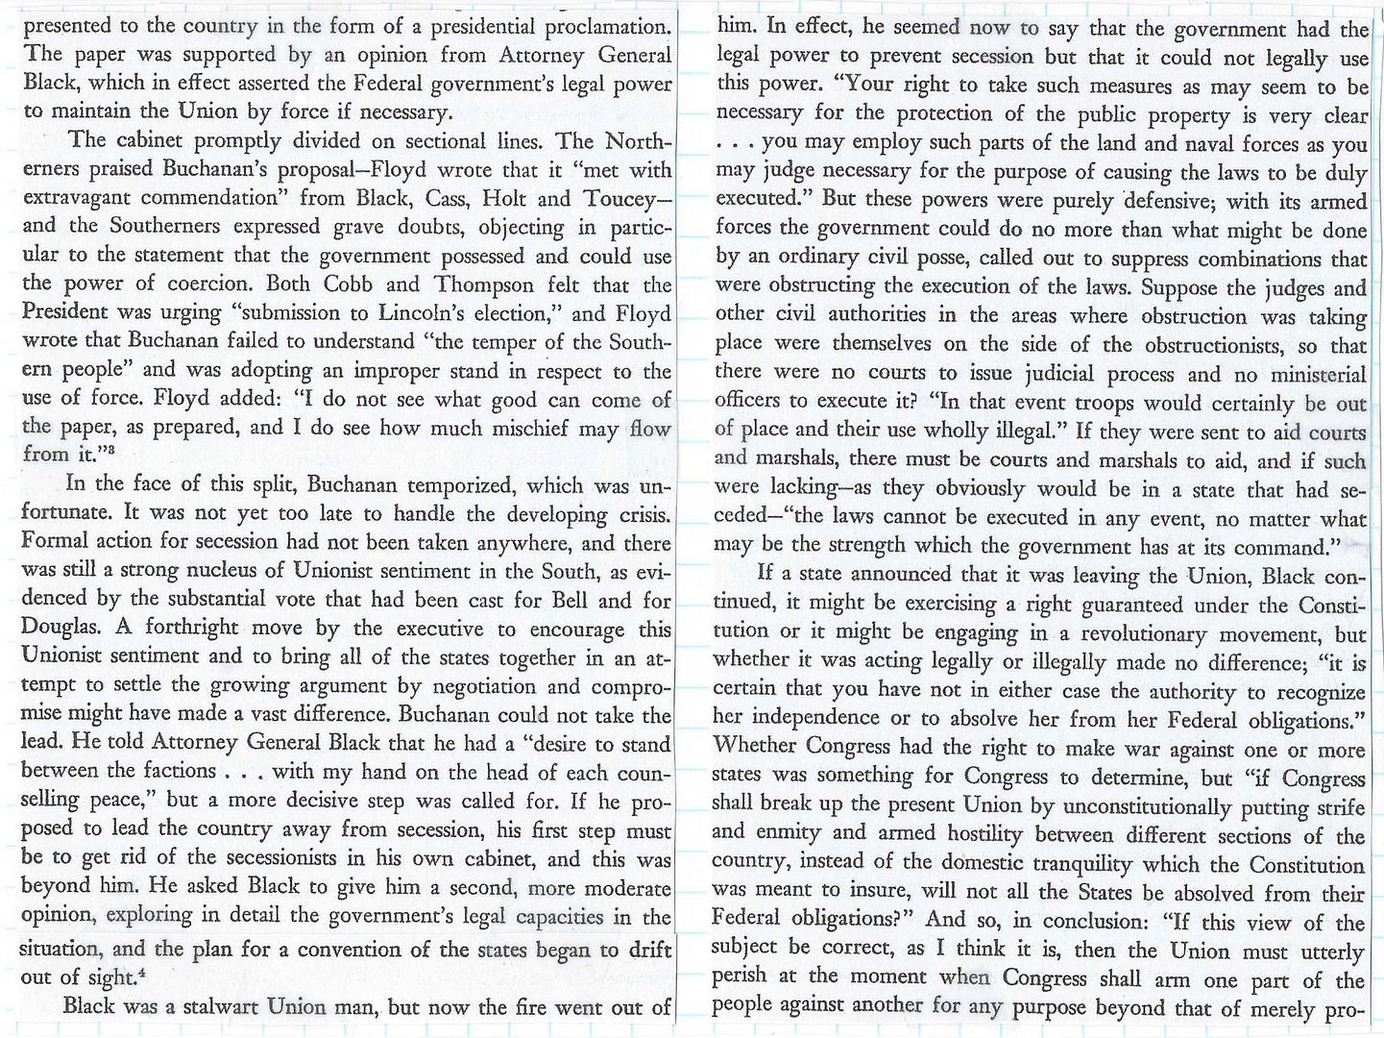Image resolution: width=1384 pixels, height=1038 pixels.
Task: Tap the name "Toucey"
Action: point(623,199)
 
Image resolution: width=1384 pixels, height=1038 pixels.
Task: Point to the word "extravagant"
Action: point(86,199)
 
